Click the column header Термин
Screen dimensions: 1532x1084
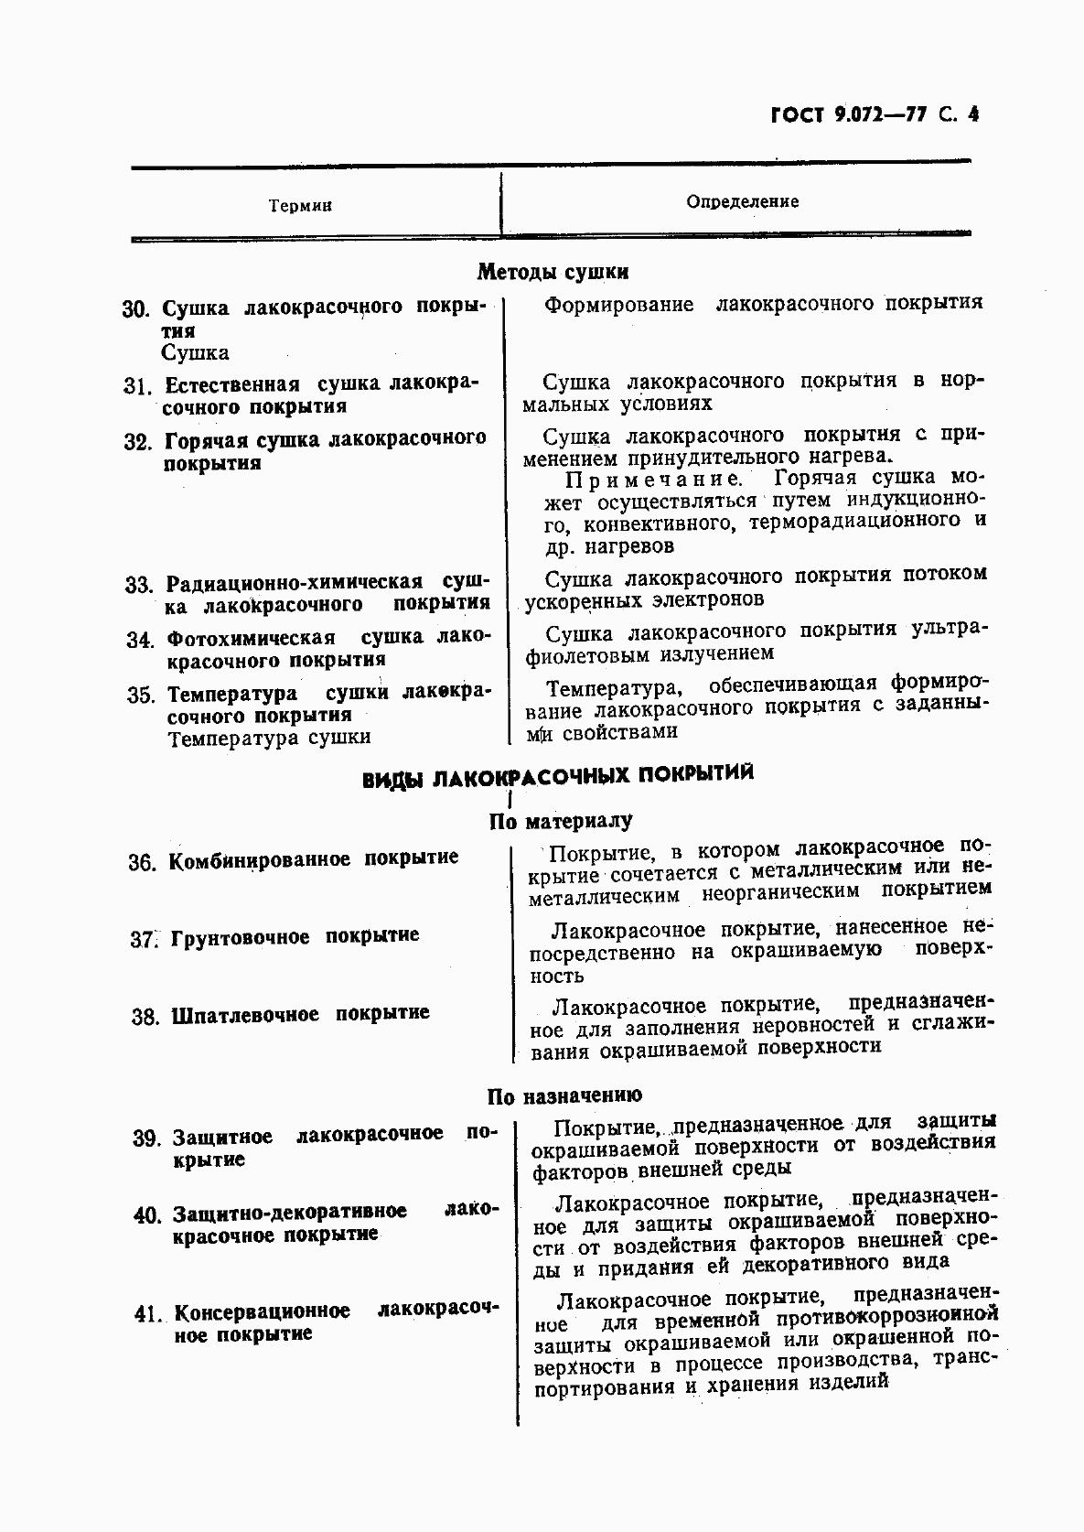300,206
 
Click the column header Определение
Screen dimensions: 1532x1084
742,201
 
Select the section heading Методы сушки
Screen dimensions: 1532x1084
553,272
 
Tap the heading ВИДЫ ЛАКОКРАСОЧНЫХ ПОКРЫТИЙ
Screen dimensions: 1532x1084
558,777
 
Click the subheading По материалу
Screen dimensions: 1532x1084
561,821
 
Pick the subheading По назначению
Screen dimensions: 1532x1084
564,1095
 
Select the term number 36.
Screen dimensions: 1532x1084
142,861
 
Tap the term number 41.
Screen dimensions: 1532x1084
146,1314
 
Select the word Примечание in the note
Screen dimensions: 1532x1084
653,479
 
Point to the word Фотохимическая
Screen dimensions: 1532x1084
251,638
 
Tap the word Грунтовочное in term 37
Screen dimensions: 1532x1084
241,938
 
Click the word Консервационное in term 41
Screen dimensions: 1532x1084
262,1312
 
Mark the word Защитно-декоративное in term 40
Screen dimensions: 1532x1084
290,1213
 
